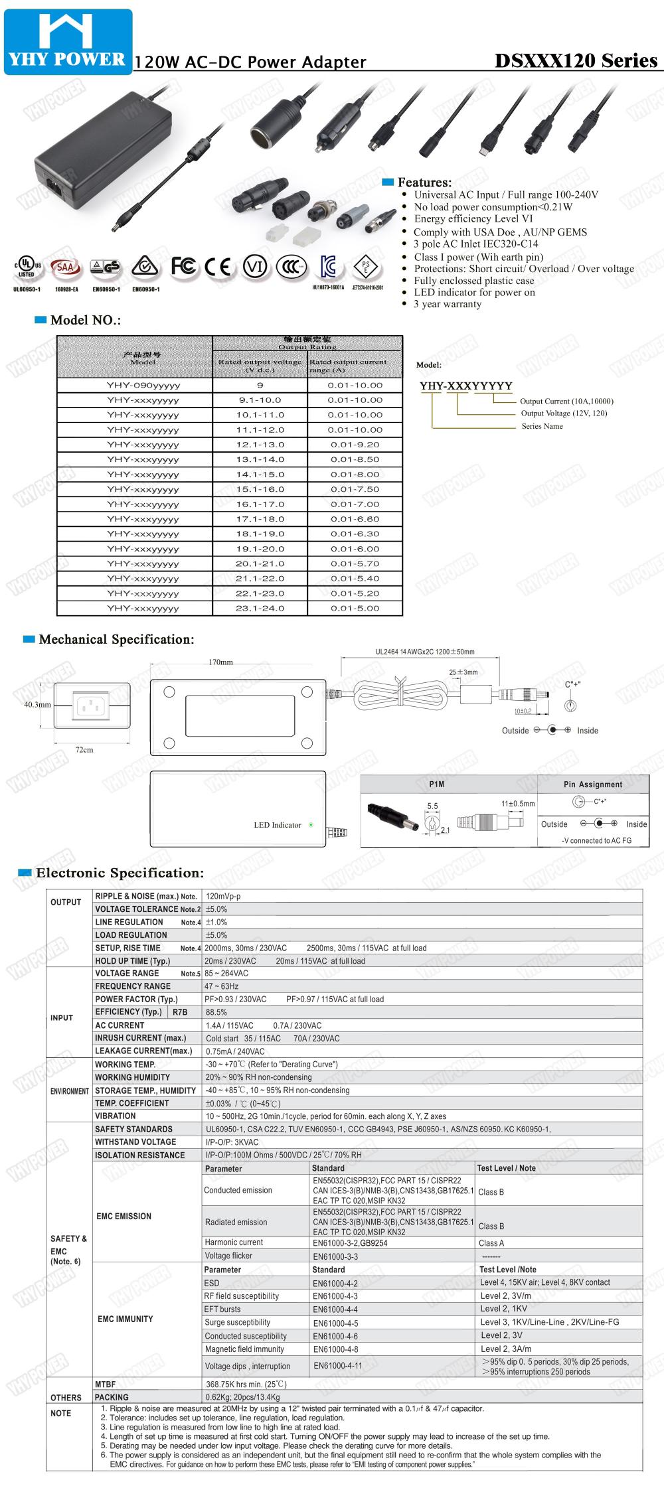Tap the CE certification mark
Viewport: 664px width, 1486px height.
tap(218, 267)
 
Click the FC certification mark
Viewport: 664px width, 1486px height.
tap(183, 267)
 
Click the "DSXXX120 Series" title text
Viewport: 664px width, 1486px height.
tap(576, 60)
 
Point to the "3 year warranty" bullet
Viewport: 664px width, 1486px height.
tap(448, 304)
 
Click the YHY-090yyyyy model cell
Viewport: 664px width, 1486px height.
tap(143, 385)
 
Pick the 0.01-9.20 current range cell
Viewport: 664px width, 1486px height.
tap(355, 445)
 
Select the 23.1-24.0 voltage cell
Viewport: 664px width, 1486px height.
tap(260, 608)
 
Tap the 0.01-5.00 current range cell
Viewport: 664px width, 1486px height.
tap(355, 608)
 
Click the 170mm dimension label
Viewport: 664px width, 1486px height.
tap(221, 662)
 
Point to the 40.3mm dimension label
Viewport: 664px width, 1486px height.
tap(37, 704)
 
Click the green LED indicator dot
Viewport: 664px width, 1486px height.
tap(311, 825)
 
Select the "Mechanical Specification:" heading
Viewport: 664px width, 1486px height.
tap(116, 640)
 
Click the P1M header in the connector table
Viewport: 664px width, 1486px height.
tap(437, 784)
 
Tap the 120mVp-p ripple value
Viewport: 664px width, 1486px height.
tap(223, 896)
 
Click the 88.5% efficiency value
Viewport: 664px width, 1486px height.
tap(216, 1012)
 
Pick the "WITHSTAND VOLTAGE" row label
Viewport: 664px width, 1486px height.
tap(135, 1142)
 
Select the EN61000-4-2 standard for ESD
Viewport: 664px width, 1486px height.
tap(335, 1283)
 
